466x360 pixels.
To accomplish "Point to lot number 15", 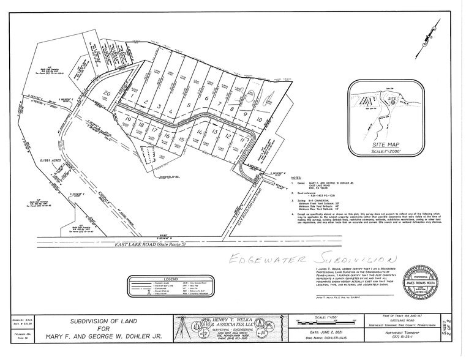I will coord(182,140).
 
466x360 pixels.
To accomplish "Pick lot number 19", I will coord(128,119).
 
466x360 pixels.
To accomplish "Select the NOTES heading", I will coord(295,176).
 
